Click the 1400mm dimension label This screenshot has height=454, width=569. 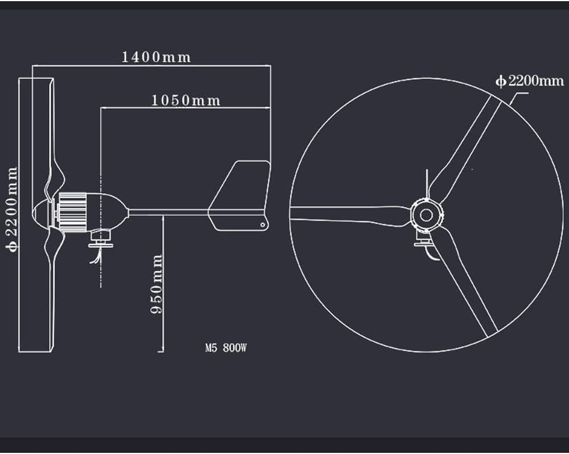click(156, 57)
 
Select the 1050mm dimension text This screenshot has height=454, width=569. click(185, 101)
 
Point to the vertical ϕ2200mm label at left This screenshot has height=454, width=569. click(11, 208)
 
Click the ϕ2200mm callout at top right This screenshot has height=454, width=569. click(530, 81)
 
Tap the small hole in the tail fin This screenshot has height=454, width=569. click(262, 225)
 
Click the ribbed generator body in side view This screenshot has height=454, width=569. click(73, 212)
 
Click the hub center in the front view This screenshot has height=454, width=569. click(426, 215)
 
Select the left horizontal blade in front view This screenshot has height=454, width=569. click(347, 214)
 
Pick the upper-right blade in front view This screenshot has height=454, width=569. click(464, 148)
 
